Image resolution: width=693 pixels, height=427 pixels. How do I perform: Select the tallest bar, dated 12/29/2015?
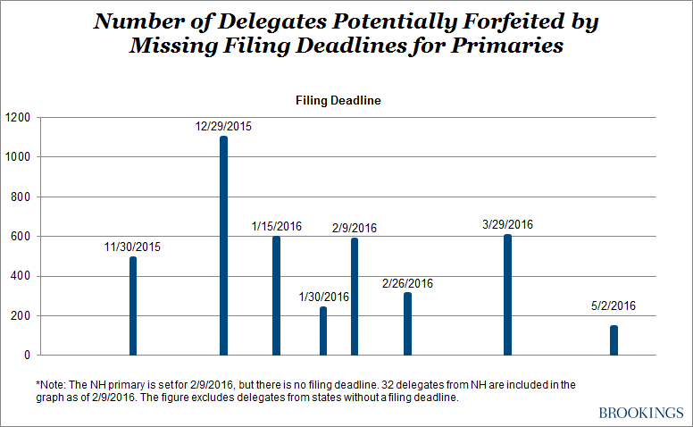(x=223, y=246)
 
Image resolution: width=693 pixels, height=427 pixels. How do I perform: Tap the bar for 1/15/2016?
(x=276, y=296)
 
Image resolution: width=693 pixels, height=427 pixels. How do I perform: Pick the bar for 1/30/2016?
(x=323, y=331)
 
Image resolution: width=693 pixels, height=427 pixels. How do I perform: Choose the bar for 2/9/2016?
(x=355, y=297)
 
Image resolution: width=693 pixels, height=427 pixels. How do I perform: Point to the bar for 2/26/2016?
(x=407, y=323)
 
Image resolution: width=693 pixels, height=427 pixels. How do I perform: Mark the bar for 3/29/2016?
(x=507, y=295)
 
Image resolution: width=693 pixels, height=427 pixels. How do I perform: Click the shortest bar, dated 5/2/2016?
(x=614, y=340)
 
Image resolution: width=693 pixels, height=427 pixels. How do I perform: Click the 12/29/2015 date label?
(x=223, y=127)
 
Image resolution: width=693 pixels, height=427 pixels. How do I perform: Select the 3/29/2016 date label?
(x=506, y=225)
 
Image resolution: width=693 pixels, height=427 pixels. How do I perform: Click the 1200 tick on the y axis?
(x=17, y=117)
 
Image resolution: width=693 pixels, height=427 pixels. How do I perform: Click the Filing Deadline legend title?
(x=338, y=101)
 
